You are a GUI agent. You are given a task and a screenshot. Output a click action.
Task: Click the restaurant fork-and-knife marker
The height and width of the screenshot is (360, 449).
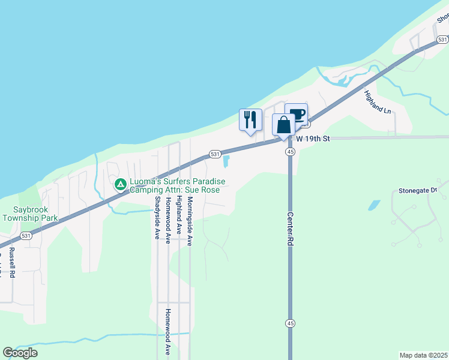[x=250, y=119]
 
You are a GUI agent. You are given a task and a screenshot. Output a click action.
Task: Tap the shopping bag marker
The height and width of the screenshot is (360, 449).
[x=283, y=125]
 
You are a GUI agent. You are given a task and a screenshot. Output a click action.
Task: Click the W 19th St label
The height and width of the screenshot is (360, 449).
[x=313, y=139]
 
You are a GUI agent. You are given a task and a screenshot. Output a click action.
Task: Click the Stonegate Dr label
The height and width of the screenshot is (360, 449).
[x=418, y=191]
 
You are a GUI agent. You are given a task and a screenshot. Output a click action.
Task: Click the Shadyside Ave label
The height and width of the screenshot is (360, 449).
[x=157, y=218]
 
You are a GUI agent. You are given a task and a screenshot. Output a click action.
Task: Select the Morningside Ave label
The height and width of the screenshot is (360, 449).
[x=190, y=221]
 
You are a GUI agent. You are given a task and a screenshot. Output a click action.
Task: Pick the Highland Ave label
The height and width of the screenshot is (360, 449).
[x=179, y=217]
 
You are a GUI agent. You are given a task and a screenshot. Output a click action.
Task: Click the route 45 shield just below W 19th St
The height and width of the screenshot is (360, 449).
[x=291, y=152]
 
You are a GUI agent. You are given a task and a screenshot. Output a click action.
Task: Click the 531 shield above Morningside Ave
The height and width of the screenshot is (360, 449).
[x=214, y=154]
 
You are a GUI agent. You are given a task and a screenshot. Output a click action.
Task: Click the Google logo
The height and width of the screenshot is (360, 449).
[x=20, y=353]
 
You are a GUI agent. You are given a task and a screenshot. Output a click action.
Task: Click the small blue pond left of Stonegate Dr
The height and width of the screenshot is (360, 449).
[x=373, y=205]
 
